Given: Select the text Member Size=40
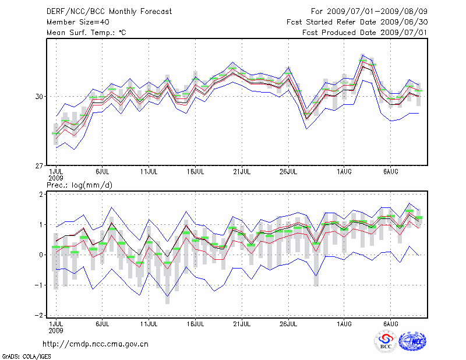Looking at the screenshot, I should click(76, 22).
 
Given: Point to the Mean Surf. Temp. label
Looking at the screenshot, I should click(86, 33).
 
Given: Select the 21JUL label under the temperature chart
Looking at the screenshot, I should click(242, 172).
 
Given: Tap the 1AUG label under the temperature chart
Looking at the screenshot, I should click(344, 172).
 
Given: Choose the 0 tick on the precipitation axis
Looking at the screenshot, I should click(42, 255).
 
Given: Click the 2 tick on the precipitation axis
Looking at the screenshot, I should click(42, 195).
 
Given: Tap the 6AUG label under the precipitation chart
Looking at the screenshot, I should click(390, 323).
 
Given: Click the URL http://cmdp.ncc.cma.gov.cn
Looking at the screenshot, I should click(96, 344).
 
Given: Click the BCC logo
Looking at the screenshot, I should click(385, 341).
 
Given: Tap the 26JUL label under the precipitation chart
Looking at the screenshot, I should click(288, 323).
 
